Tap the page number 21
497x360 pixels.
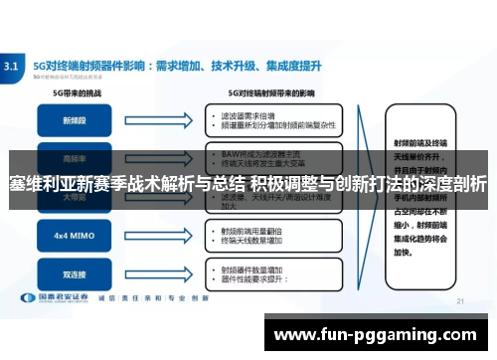tap(459, 301)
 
